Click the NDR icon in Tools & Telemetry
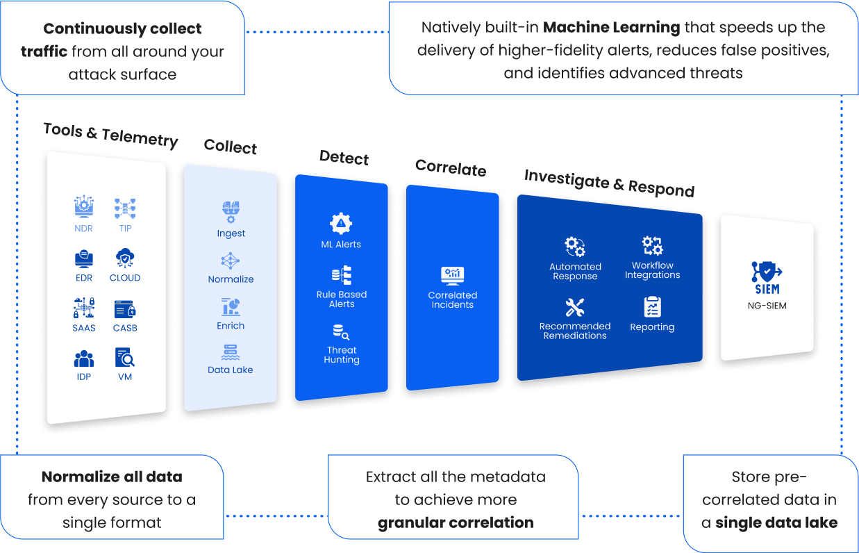pos(84,207)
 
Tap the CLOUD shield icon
pos(125,258)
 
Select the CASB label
pos(125,328)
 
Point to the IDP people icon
pos(84,358)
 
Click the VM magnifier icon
pos(125,358)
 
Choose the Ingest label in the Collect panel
pos(231,233)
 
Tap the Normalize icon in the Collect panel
pos(231,261)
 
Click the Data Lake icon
pos(231,352)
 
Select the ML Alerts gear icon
pos(341,224)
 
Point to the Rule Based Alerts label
pos(342,299)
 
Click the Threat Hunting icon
pos(341,332)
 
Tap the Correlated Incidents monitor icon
pos(452,276)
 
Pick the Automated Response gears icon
pos(575,247)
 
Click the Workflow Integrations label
pos(652,270)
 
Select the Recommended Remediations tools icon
pos(575,307)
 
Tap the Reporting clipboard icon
pos(652,306)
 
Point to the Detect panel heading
pos(344,158)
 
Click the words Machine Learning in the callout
pos(611,28)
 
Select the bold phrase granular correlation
pos(456,522)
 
